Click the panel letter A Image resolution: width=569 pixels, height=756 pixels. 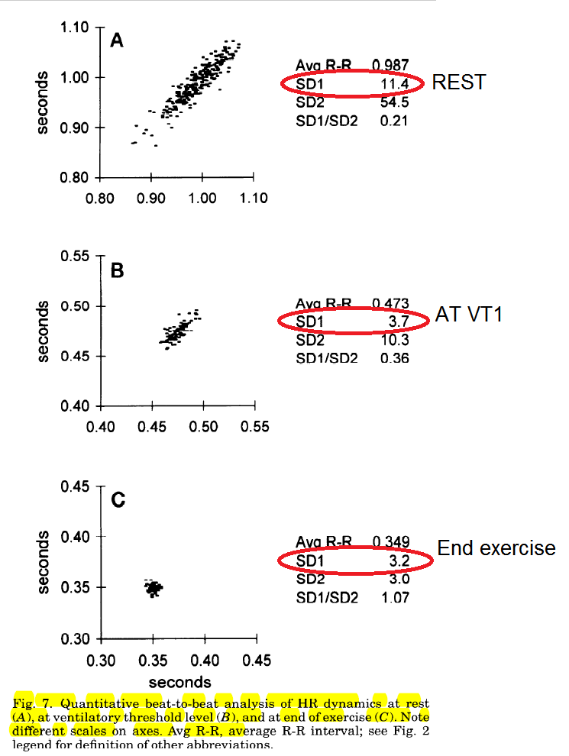117,40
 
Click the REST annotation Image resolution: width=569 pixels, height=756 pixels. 458,82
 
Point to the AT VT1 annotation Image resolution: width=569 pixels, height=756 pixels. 469,313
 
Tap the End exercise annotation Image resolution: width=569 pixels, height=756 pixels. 496,548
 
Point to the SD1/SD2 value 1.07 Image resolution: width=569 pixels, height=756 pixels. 395,597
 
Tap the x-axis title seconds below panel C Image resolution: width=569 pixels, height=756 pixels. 179,681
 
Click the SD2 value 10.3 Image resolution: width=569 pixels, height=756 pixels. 395,341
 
